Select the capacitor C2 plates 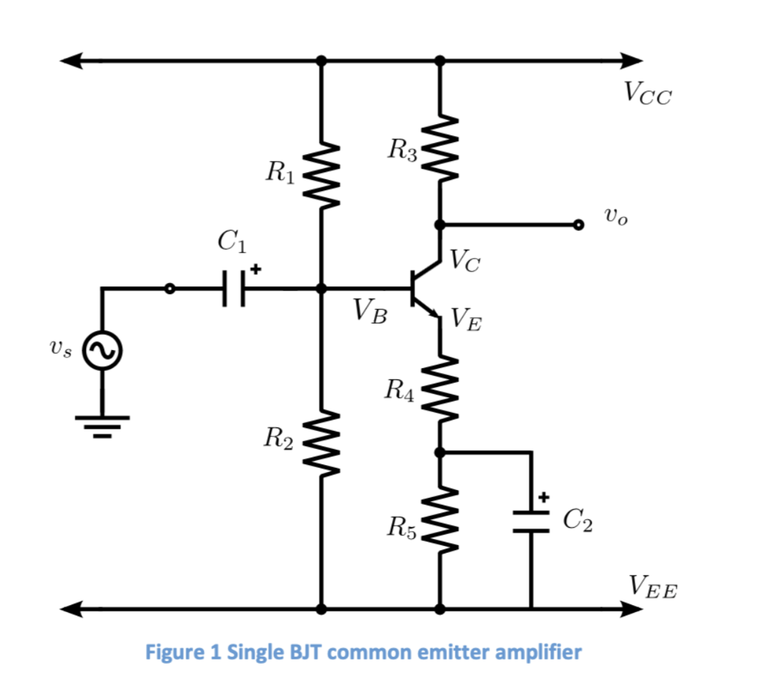pyautogui.click(x=531, y=521)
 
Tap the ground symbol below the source pyautogui.click(x=102, y=425)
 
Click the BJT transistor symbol pyautogui.click(x=424, y=289)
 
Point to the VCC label pyautogui.click(x=647, y=92)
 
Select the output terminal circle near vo pyautogui.click(x=577, y=224)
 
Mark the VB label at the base pyautogui.click(x=369, y=311)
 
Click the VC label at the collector pyautogui.click(x=464, y=262)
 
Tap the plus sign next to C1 pyautogui.click(x=255, y=267)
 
